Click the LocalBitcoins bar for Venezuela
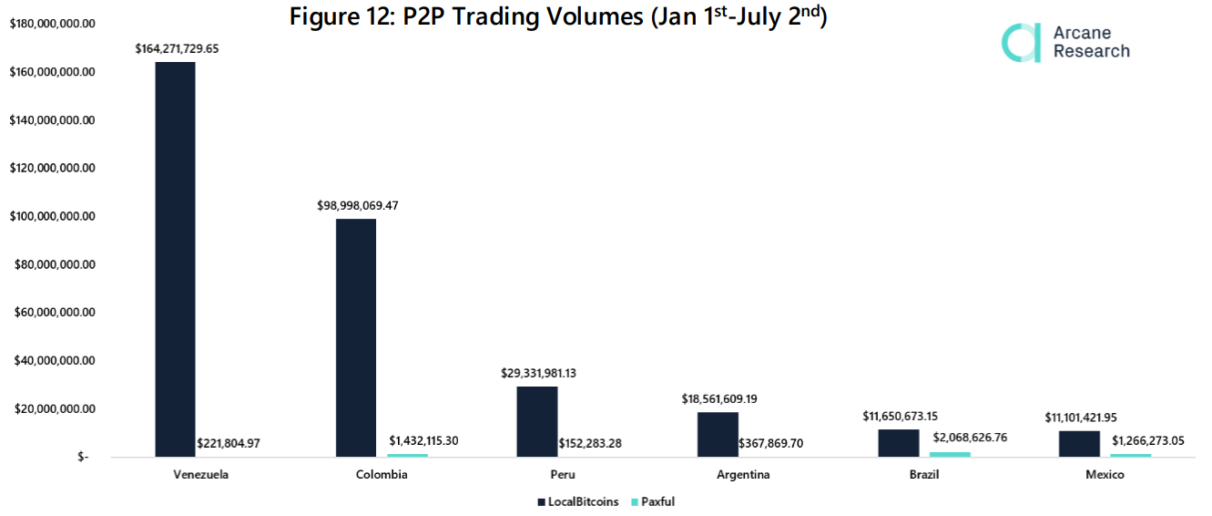(x=175, y=259)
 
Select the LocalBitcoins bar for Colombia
(x=355, y=337)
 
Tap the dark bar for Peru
(x=536, y=421)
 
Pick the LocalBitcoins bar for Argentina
(x=718, y=434)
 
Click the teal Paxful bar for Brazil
(x=950, y=454)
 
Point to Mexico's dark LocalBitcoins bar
(x=1079, y=443)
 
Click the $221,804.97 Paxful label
(x=229, y=443)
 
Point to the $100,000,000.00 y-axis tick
(x=52, y=216)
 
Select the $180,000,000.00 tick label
(x=52, y=24)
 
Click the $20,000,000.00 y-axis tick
(x=52, y=408)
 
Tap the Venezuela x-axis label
(x=200, y=475)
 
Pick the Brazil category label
(x=923, y=475)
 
